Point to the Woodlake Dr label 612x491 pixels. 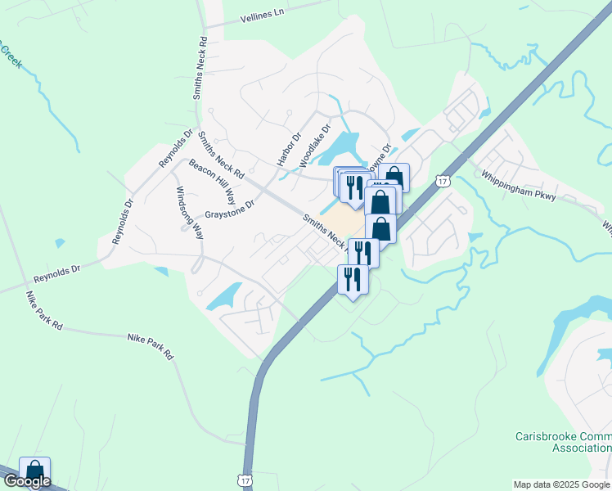315,146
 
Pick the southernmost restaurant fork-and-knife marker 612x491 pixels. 353,280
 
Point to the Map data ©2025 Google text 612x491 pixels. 560,484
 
